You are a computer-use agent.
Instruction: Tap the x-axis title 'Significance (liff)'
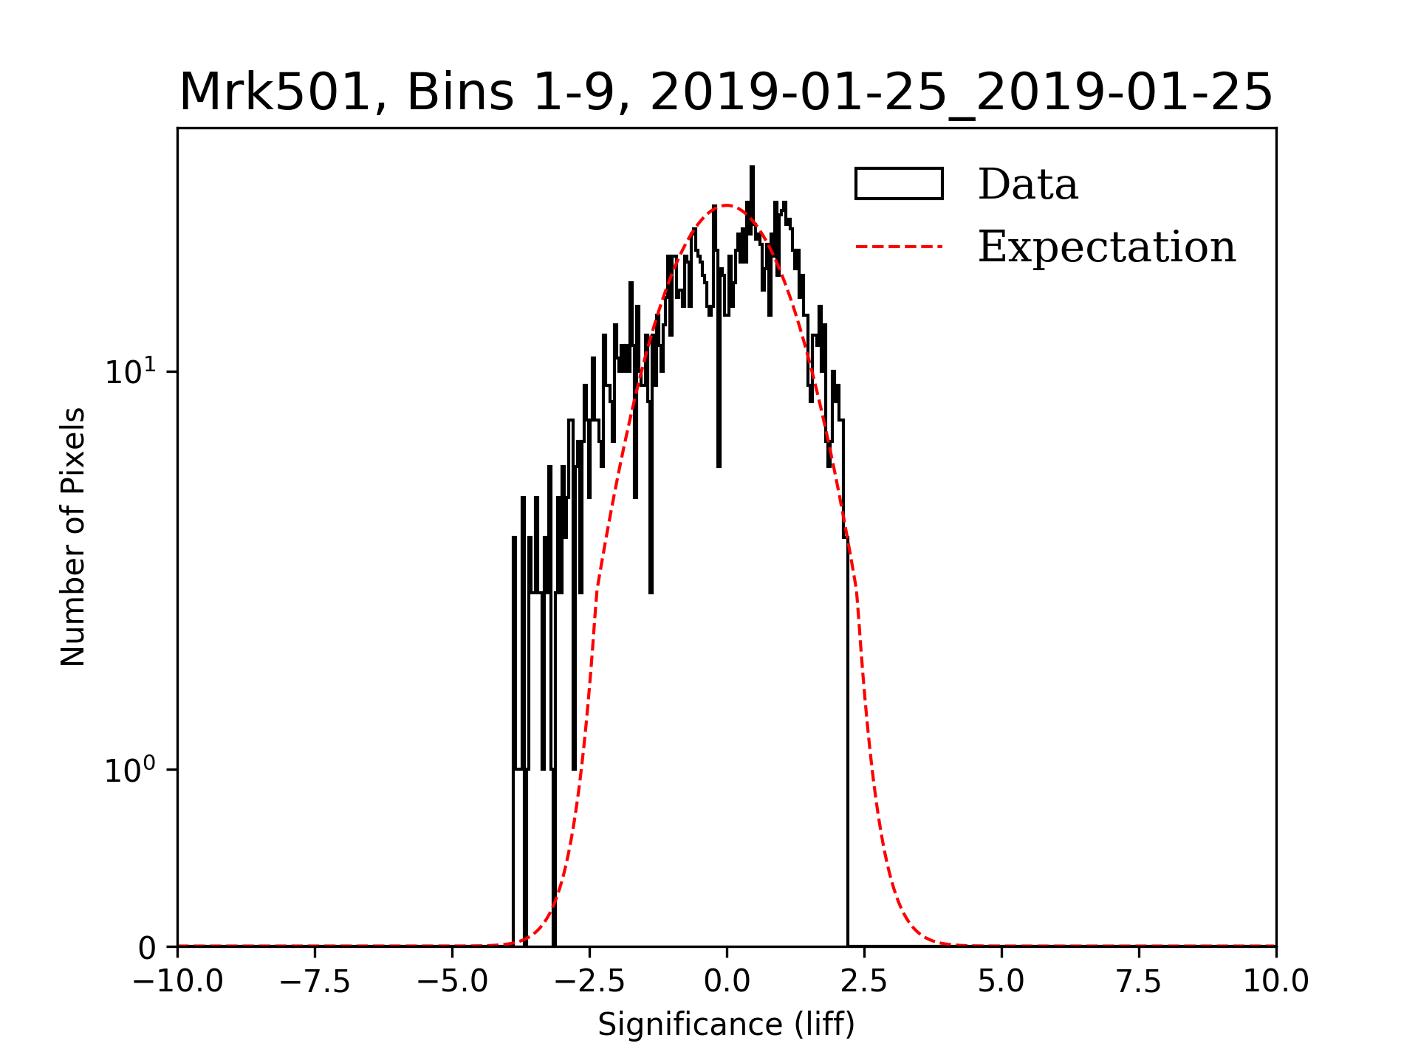[726, 1025]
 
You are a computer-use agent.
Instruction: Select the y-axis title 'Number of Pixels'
[73, 537]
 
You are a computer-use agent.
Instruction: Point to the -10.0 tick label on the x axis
[177, 982]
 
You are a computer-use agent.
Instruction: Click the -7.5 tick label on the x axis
[315, 982]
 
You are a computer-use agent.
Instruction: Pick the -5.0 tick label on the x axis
[452, 982]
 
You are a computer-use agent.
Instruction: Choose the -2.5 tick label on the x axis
[589, 982]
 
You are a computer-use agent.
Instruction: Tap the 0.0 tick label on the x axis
[727, 982]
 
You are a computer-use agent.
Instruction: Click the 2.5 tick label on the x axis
[864, 982]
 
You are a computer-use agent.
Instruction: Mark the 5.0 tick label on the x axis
[1001, 982]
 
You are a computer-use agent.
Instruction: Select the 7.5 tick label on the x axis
[1139, 982]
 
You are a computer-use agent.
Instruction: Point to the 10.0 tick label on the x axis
[1275, 982]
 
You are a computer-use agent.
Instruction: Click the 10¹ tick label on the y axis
[131, 371]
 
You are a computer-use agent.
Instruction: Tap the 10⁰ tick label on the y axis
[131, 770]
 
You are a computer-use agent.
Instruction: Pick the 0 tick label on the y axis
[147, 948]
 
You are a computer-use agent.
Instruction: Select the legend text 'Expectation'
[1106, 247]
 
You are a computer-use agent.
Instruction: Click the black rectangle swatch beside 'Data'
[899, 184]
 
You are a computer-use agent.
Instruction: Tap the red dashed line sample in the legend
[899, 247]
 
